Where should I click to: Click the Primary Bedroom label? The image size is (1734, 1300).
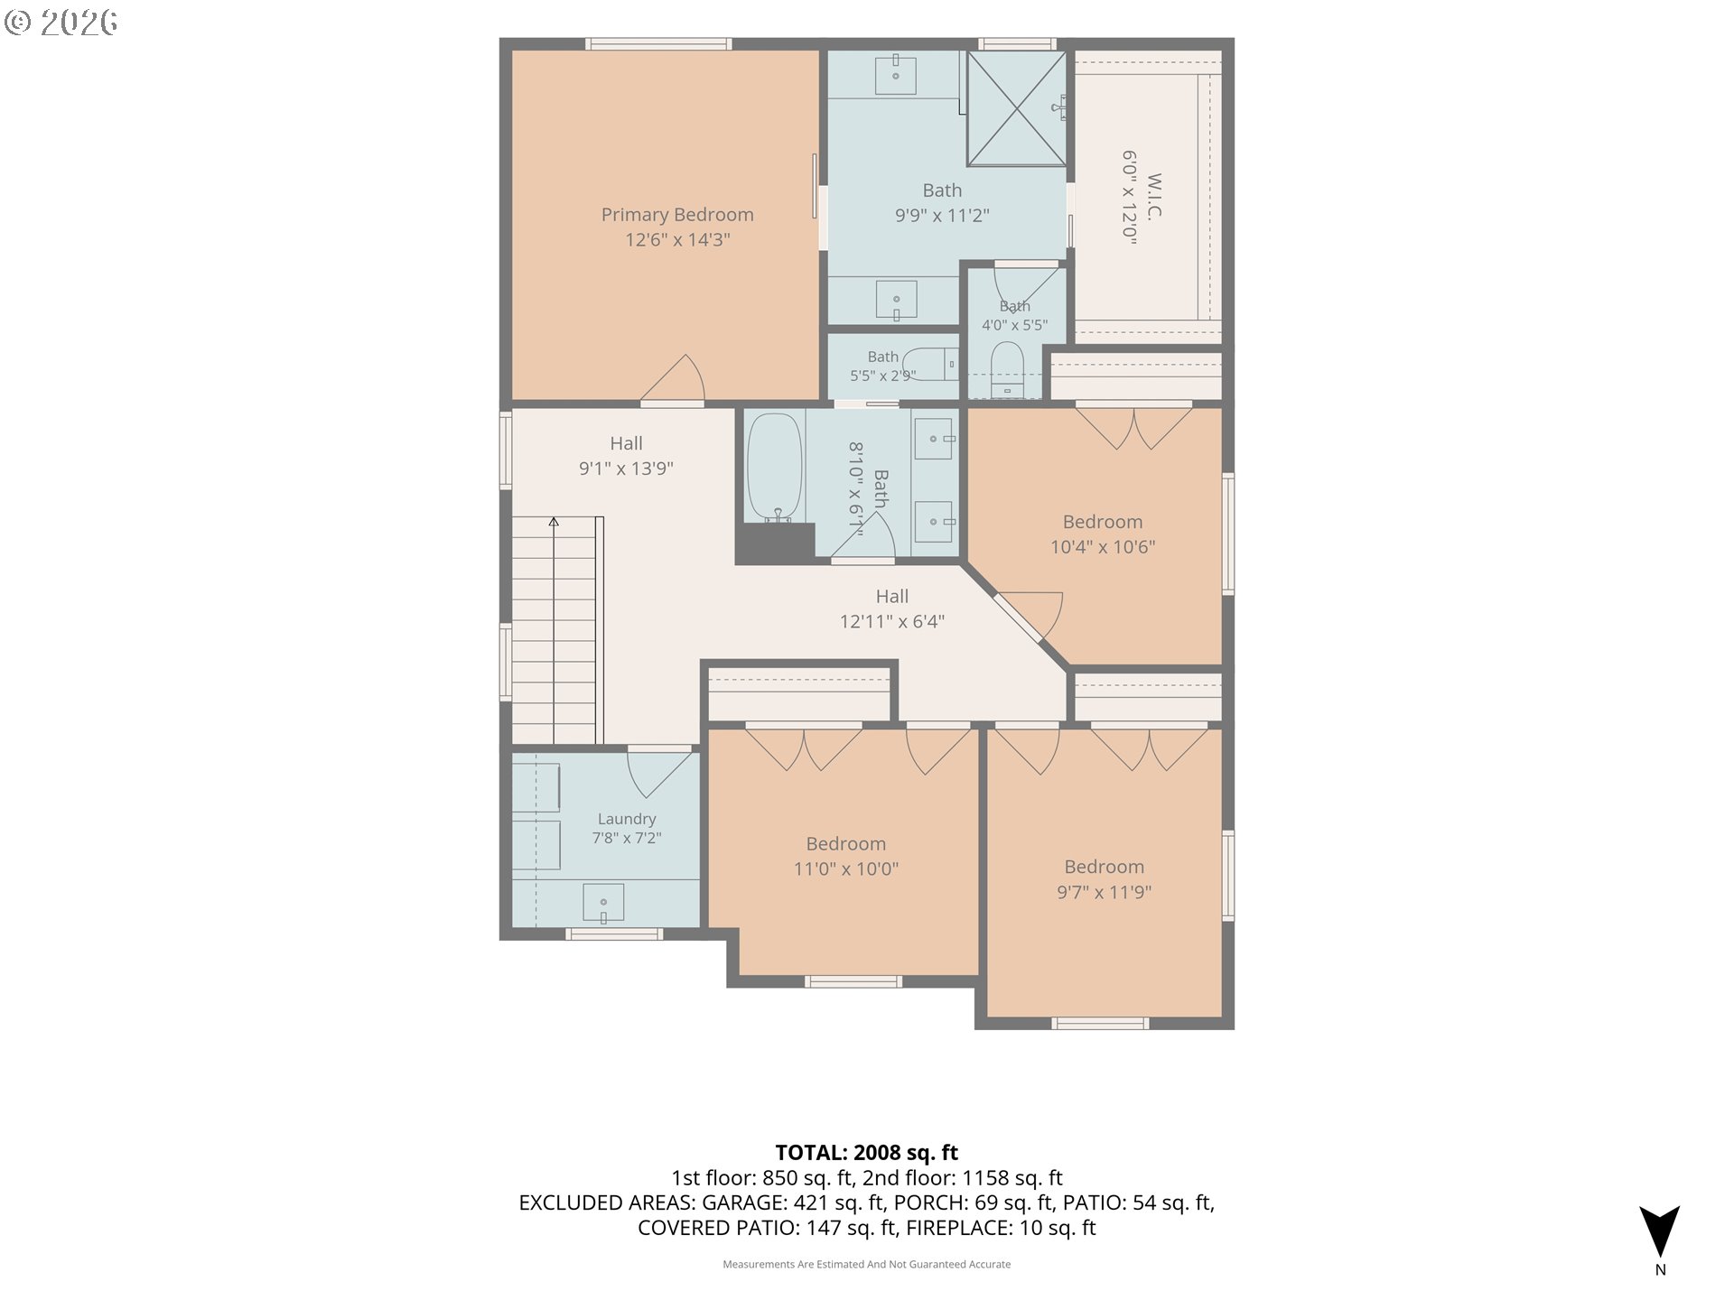(x=677, y=215)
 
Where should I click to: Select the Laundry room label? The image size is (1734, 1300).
(x=626, y=819)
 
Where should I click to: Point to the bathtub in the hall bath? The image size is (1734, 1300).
(x=775, y=468)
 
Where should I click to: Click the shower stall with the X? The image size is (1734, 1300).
(x=1017, y=108)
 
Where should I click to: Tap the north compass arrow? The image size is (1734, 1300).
(x=1660, y=1231)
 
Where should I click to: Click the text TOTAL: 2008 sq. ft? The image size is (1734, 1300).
(x=867, y=1153)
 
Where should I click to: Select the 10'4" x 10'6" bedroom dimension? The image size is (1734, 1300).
(x=1103, y=547)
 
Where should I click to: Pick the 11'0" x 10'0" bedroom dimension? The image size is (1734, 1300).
(x=846, y=869)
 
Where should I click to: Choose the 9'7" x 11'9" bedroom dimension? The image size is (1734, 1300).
(x=1104, y=892)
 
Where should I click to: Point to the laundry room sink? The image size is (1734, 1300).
(x=603, y=903)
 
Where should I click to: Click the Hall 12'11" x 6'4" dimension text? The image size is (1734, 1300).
(x=892, y=621)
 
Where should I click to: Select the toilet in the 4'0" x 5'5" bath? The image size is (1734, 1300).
(x=1007, y=370)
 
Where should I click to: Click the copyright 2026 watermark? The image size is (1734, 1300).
(x=61, y=23)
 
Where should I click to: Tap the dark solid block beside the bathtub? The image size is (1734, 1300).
(x=775, y=543)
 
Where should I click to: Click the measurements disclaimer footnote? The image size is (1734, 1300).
(x=867, y=1264)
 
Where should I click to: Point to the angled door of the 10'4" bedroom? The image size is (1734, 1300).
(x=1018, y=617)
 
